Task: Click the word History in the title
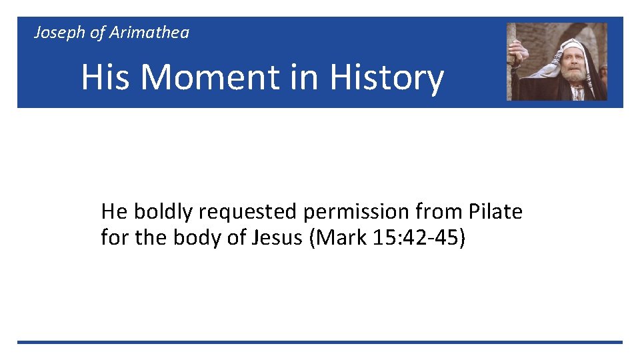387,77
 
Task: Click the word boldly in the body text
163,212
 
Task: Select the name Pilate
495,212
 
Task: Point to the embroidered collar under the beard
577,93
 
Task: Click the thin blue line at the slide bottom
320,342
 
